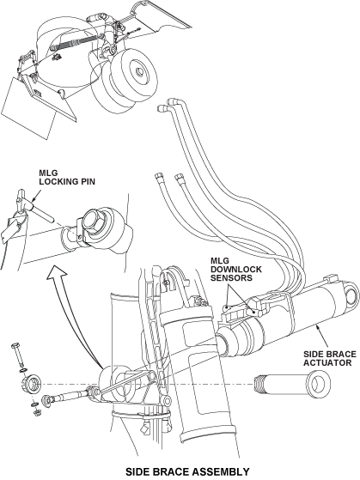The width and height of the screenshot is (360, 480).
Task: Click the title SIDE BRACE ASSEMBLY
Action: click(x=187, y=471)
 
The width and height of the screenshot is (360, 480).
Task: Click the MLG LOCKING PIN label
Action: click(x=67, y=178)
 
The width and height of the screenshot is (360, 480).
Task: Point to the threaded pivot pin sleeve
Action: click(x=292, y=384)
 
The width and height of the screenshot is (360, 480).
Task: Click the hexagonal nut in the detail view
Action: click(x=95, y=222)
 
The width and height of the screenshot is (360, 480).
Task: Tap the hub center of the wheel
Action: click(x=139, y=72)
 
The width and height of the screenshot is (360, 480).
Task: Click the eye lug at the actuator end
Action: click(x=350, y=294)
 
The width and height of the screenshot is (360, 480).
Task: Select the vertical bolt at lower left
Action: click(x=18, y=355)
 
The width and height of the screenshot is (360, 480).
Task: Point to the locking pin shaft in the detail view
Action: click(x=43, y=213)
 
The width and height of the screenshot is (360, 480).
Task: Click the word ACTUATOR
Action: click(x=326, y=362)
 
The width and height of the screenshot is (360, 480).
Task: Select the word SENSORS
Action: click(x=231, y=278)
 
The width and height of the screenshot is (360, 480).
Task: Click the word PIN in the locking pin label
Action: click(x=87, y=181)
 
